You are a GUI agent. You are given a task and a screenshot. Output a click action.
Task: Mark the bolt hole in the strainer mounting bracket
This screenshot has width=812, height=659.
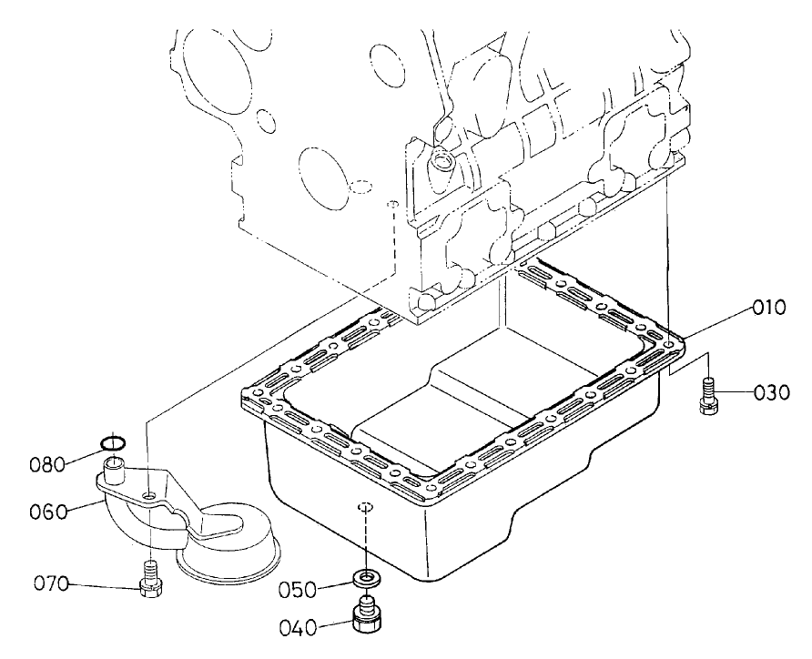click(x=148, y=496)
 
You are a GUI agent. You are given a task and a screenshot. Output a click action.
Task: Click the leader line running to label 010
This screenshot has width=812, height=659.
click(x=719, y=323)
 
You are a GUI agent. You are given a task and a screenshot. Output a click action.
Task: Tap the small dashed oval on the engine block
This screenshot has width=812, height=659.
click(x=361, y=188)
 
